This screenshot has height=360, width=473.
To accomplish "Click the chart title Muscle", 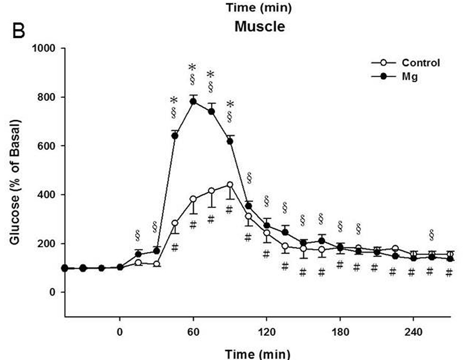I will point(260,26).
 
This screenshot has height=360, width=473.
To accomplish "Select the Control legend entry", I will point(420,62).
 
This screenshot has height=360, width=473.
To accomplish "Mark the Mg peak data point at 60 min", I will point(193,101).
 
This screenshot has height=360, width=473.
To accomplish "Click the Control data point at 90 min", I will point(230,184).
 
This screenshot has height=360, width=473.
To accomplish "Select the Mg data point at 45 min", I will point(175,136).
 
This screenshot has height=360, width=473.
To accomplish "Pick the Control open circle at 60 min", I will point(193,199).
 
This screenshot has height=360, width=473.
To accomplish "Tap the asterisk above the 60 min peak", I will point(193,66).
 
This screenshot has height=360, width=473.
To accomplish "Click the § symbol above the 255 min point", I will point(431,234).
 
